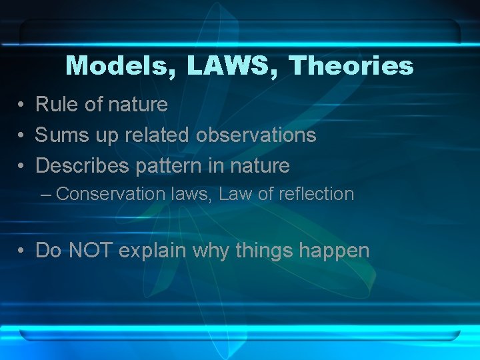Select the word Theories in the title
pos(351,66)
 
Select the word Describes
pos(83,165)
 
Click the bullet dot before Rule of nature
pos(22,105)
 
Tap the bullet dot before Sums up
pos(22,136)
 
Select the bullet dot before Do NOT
pos(22,251)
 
